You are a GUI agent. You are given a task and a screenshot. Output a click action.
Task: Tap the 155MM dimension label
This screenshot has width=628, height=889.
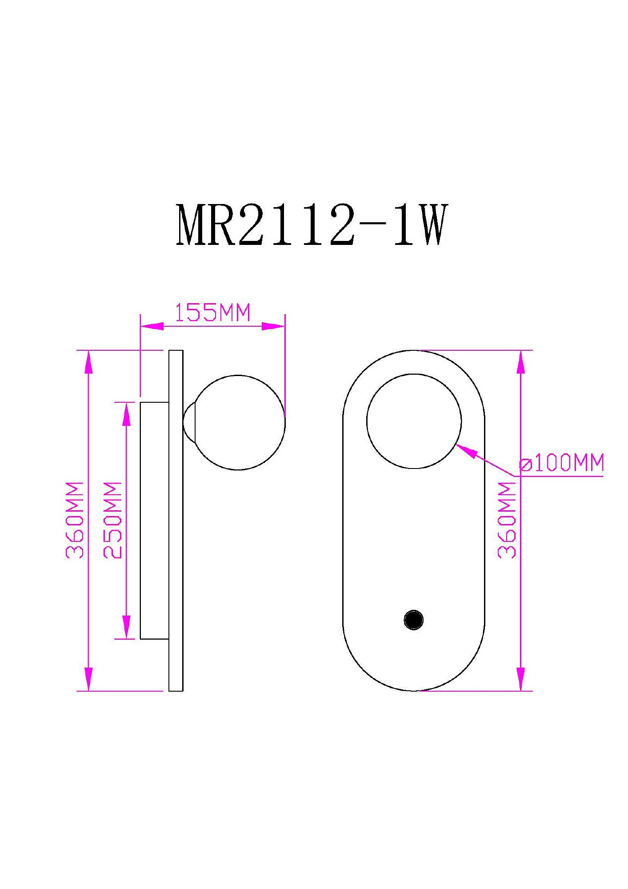(212, 312)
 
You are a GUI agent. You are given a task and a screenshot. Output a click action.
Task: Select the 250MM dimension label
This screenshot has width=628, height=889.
(112, 520)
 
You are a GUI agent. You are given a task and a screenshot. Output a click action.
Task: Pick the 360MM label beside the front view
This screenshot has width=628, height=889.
(507, 520)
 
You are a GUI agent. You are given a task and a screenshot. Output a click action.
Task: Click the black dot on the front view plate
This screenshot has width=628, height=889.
(414, 620)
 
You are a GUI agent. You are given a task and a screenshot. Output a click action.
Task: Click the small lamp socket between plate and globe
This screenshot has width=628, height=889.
(188, 422)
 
